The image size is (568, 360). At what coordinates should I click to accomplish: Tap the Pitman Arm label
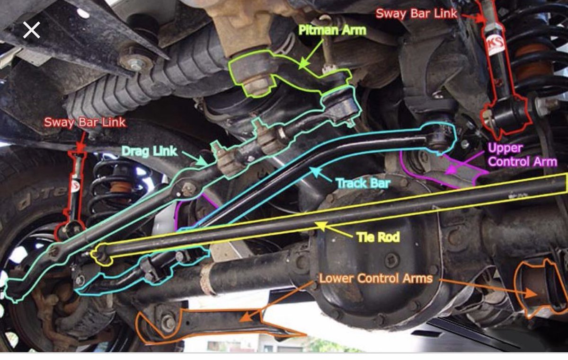click(332, 30)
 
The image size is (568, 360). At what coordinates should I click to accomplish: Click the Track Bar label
click(362, 183)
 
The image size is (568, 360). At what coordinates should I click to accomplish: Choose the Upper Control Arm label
click(522, 155)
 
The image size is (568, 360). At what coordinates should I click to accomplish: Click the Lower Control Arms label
click(375, 278)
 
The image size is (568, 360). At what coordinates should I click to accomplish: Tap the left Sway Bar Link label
click(85, 122)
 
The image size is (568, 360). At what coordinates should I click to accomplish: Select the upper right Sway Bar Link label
click(417, 13)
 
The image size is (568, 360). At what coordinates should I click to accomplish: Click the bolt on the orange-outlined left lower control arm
click(168, 323)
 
